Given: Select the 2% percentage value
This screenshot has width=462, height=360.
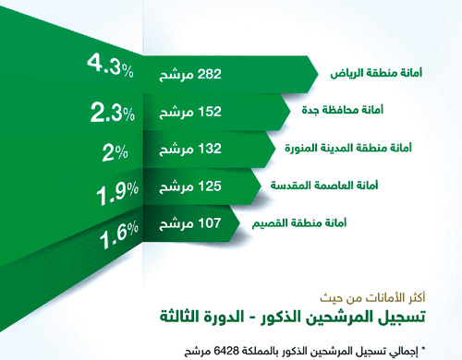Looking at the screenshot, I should tap(115, 153).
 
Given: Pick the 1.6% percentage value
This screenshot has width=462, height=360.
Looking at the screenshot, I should tap(119, 236).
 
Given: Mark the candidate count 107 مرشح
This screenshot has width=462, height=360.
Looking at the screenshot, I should tap(188, 224).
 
